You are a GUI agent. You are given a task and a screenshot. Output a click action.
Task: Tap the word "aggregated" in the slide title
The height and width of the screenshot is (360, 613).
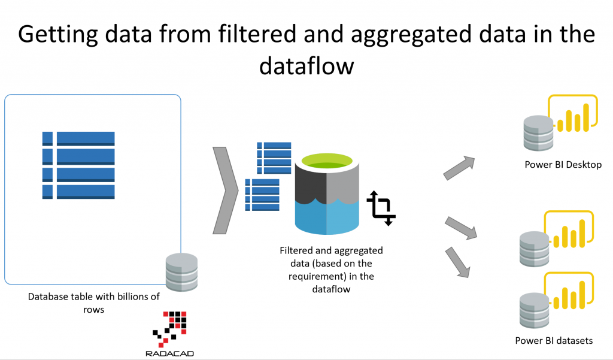pyautogui.click(x=413, y=34)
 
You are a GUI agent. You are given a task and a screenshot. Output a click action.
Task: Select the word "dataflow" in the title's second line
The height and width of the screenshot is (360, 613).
pyautogui.click(x=306, y=66)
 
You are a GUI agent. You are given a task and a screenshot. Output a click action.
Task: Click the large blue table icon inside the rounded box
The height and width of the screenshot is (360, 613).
pyautogui.click(x=78, y=165)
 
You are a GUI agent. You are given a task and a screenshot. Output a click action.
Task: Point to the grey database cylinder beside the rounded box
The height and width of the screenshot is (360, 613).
pyautogui.click(x=181, y=270)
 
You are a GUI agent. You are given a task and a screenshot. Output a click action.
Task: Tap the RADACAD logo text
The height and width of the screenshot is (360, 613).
pyautogui.click(x=169, y=353)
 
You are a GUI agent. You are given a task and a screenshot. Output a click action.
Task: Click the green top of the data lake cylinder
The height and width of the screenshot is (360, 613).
pyautogui.click(x=326, y=162)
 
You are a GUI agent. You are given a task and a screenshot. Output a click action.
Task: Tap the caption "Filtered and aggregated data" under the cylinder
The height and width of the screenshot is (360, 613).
pyautogui.click(x=331, y=270)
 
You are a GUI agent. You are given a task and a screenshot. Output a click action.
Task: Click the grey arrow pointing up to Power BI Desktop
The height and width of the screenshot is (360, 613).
pyautogui.click(x=459, y=168)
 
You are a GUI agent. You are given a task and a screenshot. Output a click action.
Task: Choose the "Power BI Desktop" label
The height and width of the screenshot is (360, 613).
pyautogui.click(x=563, y=164)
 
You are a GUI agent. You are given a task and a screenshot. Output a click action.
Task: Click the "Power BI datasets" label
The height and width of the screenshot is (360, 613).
pyautogui.click(x=554, y=341)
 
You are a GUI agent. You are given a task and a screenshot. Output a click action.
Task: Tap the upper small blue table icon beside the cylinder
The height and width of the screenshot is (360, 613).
pyautogui.click(x=274, y=158)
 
